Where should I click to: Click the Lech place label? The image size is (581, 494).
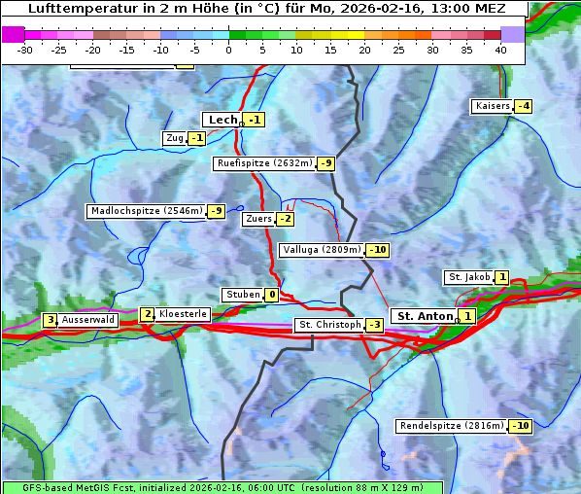pyautogui.click(x=222, y=120)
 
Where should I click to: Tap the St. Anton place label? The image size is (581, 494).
pyautogui.click(x=426, y=316)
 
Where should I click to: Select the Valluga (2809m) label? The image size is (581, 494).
pyautogui.click(x=322, y=250)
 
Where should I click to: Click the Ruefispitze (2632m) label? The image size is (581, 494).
pyautogui.click(x=264, y=163)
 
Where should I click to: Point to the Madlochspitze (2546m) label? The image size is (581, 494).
pyautogui.click(x=146, y=211)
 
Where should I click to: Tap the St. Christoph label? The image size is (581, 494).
pyautogui.click(x=328, y=325)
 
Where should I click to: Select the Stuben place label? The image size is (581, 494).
pyautogui.click(x=243, y=295)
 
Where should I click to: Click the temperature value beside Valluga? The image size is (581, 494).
pyautogui.click(x=377, y=250)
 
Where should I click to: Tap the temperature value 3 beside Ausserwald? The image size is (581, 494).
pyautogui.click(x=50, y=320)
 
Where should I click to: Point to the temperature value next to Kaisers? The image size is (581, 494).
pyautogui.click(x=523, y=106)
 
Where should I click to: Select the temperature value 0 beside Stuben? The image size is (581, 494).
pyautogui.click(x=271, y=295)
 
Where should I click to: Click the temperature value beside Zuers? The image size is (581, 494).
pyautogui.click(x=285, y=219)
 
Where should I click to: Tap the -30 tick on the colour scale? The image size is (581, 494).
pyautogui.click(x=25, y=49)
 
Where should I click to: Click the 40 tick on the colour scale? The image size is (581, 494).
pyautogui.click(x=500, y=49)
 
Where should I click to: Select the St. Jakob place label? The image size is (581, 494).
pyautogui.click(x=468, y=277)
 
